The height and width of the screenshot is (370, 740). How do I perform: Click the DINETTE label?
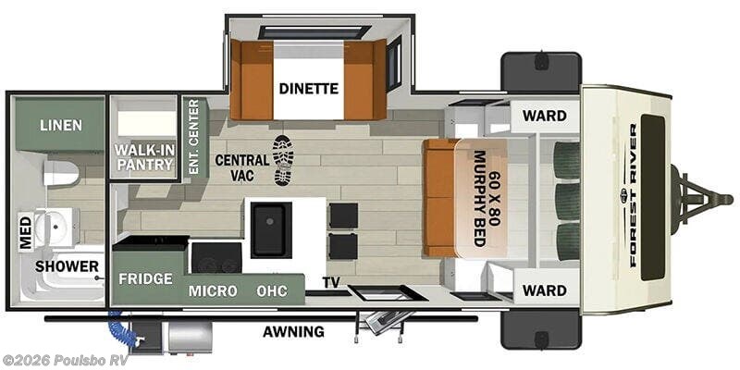pos(309,88)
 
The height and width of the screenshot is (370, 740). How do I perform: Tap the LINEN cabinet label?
pos(61,125)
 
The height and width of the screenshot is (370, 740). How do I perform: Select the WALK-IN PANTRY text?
pos(144,157)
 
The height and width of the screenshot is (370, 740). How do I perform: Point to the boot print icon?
pos(283,160)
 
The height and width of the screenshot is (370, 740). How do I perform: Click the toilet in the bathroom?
pos(60,173)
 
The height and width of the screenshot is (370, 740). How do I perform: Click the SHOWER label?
pos(67,266)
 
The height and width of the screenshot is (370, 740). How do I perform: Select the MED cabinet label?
pos(26,232)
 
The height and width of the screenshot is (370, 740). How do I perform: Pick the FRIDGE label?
pos(145,278)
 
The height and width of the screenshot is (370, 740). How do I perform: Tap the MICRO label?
pos(213,291)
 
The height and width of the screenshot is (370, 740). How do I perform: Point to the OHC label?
pos(272,291)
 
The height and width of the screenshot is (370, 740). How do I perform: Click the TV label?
pos(331,282)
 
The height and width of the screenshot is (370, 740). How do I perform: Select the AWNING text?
pos(293,332)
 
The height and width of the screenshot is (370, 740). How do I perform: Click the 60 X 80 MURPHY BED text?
pos(487,198)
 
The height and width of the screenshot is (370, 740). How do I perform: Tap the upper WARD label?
pos(545,116)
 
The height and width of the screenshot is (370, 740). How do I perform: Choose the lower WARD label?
pos(545,290)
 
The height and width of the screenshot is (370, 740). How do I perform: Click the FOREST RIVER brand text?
pos(633,195)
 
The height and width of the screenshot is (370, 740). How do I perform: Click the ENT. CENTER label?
pos(193,137)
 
